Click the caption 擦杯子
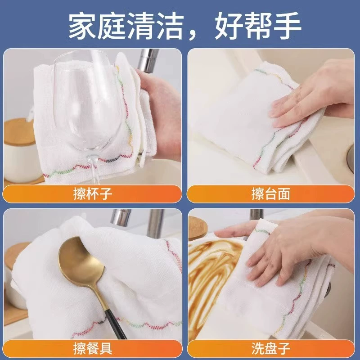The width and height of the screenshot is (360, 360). tap(93, 194)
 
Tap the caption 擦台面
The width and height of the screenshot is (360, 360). tap(271, 194)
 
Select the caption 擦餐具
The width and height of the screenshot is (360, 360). tap(93, 348)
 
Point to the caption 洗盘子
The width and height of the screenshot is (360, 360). tap(271, 348)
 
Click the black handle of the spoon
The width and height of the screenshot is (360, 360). tap(114, 324)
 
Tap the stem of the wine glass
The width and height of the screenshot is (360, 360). tap(94, 170)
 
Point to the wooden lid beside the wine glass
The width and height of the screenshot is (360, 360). tap(19, 132)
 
